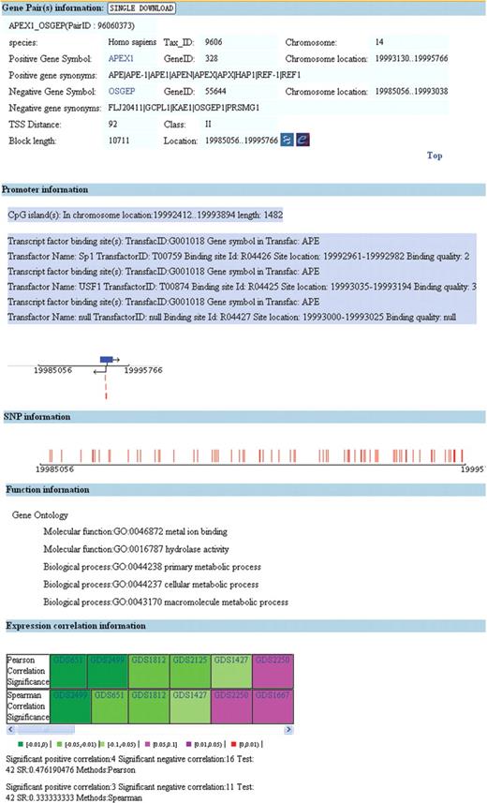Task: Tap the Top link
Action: click(x=435, y=156)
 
